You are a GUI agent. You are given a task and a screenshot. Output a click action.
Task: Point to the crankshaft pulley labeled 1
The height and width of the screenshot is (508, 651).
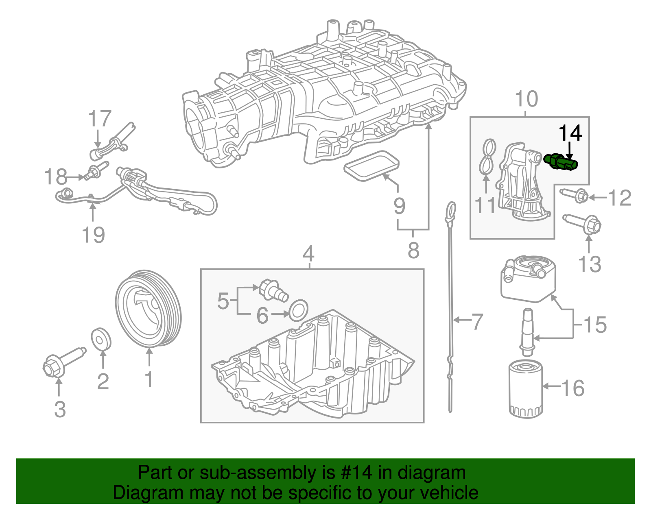(x=148, y=309)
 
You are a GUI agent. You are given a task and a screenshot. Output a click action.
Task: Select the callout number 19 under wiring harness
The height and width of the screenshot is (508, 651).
(x=93, y=235)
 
